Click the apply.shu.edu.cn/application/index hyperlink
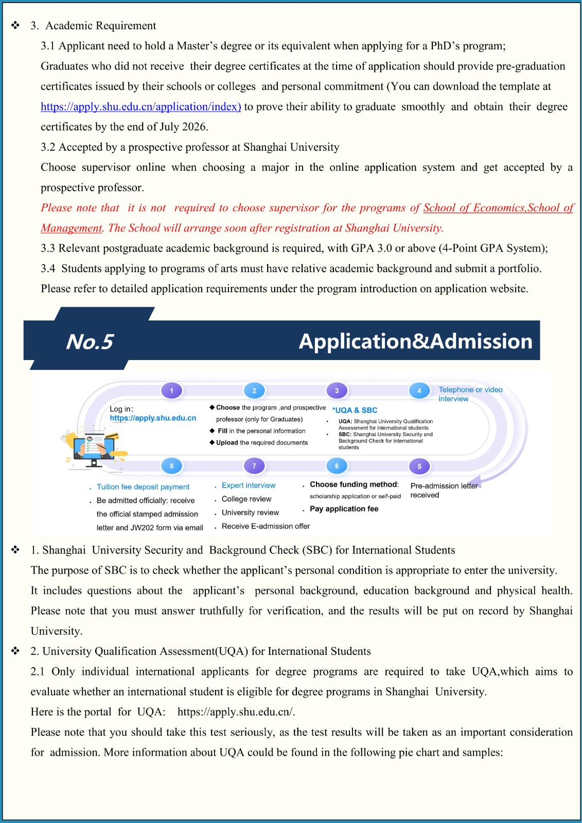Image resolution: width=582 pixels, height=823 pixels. [x=140, y=106]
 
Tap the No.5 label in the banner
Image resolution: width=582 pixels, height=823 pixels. [x=90, y=342]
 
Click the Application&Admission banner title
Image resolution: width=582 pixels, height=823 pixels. [x=415, y=342]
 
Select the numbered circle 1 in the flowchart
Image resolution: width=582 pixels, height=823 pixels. [x=171, y=390]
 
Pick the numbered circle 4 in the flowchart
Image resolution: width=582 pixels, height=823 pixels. [x=419, y=390]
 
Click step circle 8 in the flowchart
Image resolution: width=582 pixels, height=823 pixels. [x=171, y=466]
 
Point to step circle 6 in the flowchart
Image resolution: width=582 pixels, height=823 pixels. [x=337, y=466]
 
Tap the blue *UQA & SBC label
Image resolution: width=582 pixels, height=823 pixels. [x=355, y=410]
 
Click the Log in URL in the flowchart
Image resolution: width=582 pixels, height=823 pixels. [x=153, y=418]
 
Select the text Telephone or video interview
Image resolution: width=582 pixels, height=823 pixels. [x=470, y=394]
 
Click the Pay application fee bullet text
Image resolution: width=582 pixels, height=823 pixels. [x=344, y=509]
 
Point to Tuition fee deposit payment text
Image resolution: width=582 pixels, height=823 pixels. [x=143, y=487]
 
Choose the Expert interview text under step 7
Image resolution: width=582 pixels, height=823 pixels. [x=249, y=485]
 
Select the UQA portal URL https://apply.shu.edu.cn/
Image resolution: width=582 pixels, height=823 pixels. [x=236, y=712]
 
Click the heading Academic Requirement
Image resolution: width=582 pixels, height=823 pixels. [x=100, y=26]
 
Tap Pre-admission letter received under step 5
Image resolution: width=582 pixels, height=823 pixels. [x=444, y=490]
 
